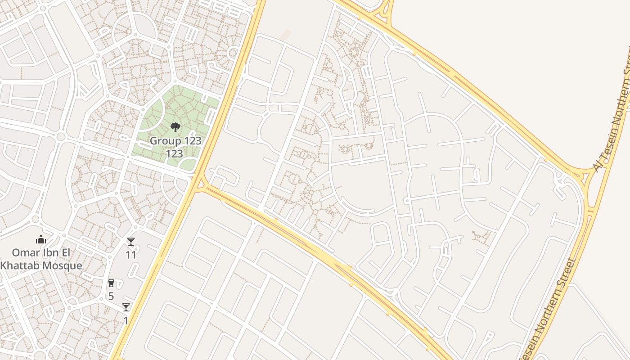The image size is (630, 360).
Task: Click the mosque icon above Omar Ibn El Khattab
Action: (41, 239)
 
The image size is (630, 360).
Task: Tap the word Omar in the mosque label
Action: (25, 252)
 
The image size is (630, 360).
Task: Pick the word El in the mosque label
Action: (65, 252)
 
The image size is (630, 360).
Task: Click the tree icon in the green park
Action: (175, 127)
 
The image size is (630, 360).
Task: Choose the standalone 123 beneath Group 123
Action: (174, 154)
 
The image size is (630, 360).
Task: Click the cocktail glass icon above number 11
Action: (130, 242)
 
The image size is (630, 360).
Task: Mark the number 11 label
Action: (131, 255)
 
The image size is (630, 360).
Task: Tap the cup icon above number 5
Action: (111, 283)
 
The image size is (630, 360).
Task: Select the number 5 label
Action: (111, 296)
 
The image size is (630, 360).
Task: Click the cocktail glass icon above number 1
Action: (126, 307)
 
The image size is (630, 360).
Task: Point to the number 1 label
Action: (126, 320)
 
